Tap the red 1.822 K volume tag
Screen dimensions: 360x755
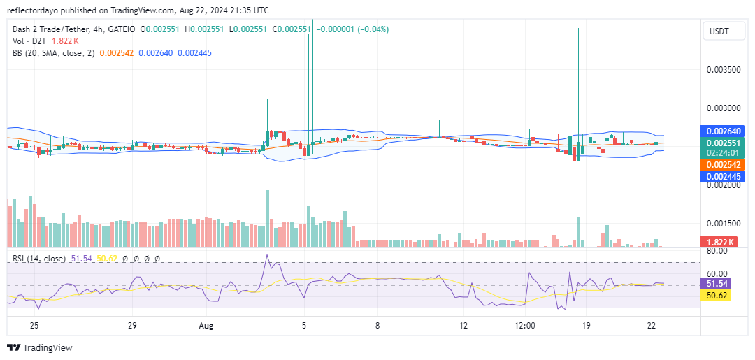[x=720, y=242]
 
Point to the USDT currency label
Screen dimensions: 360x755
[x=720, y=31]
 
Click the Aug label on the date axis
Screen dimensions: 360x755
[x=206, y=326]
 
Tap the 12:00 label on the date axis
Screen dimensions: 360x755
[x=525, y=326]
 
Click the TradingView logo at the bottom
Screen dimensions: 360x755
[x=40, y=347]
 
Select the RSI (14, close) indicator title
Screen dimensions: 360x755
[x=38, y=259]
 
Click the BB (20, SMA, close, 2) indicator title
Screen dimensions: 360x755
[x=54, y=52]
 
